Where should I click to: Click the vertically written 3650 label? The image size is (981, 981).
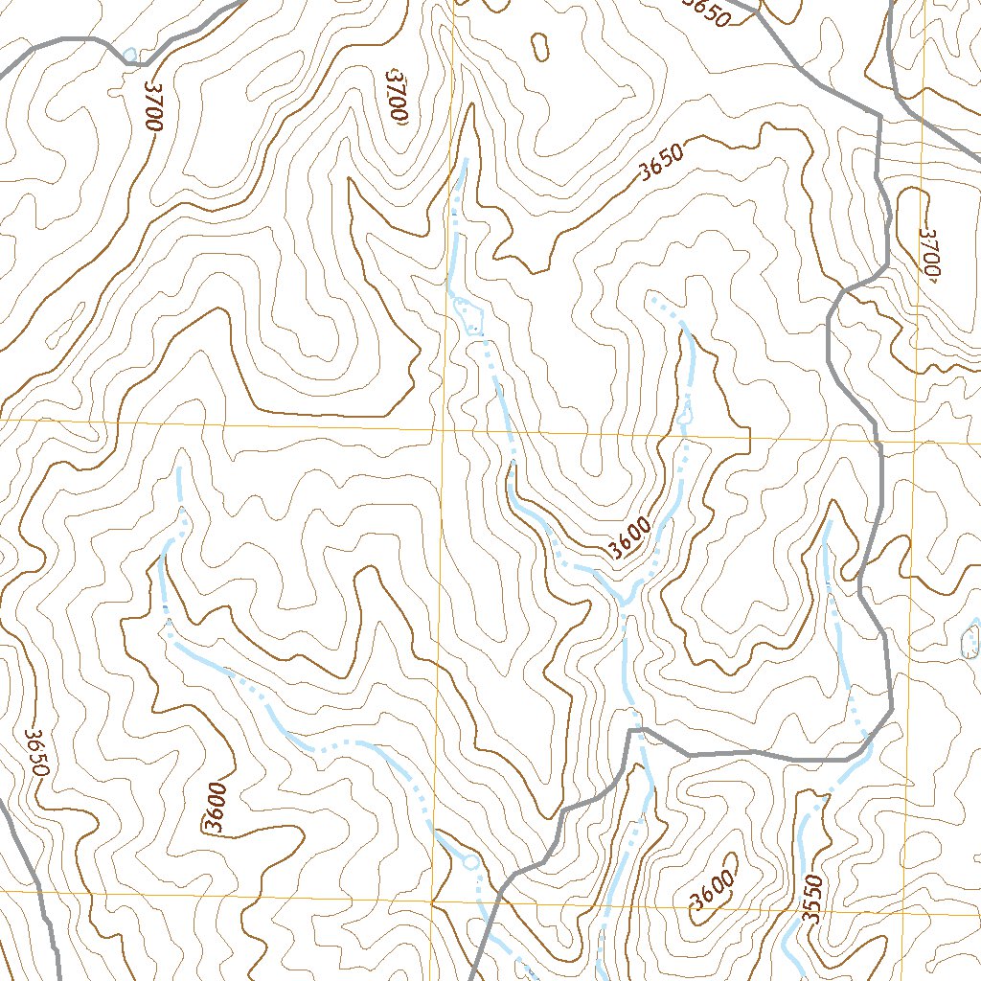coord(35,753)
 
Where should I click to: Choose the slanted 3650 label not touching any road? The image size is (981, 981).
coord(661,164)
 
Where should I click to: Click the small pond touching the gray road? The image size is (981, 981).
coord(128,55)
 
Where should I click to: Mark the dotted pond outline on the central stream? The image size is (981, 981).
coord(468,314)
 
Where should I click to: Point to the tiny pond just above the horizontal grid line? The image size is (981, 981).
coord(685,418)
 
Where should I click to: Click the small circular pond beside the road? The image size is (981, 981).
coord(469,862)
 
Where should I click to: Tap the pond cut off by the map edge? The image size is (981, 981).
coord(970,642)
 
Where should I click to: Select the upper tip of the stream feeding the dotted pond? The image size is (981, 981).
coord(466,161)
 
